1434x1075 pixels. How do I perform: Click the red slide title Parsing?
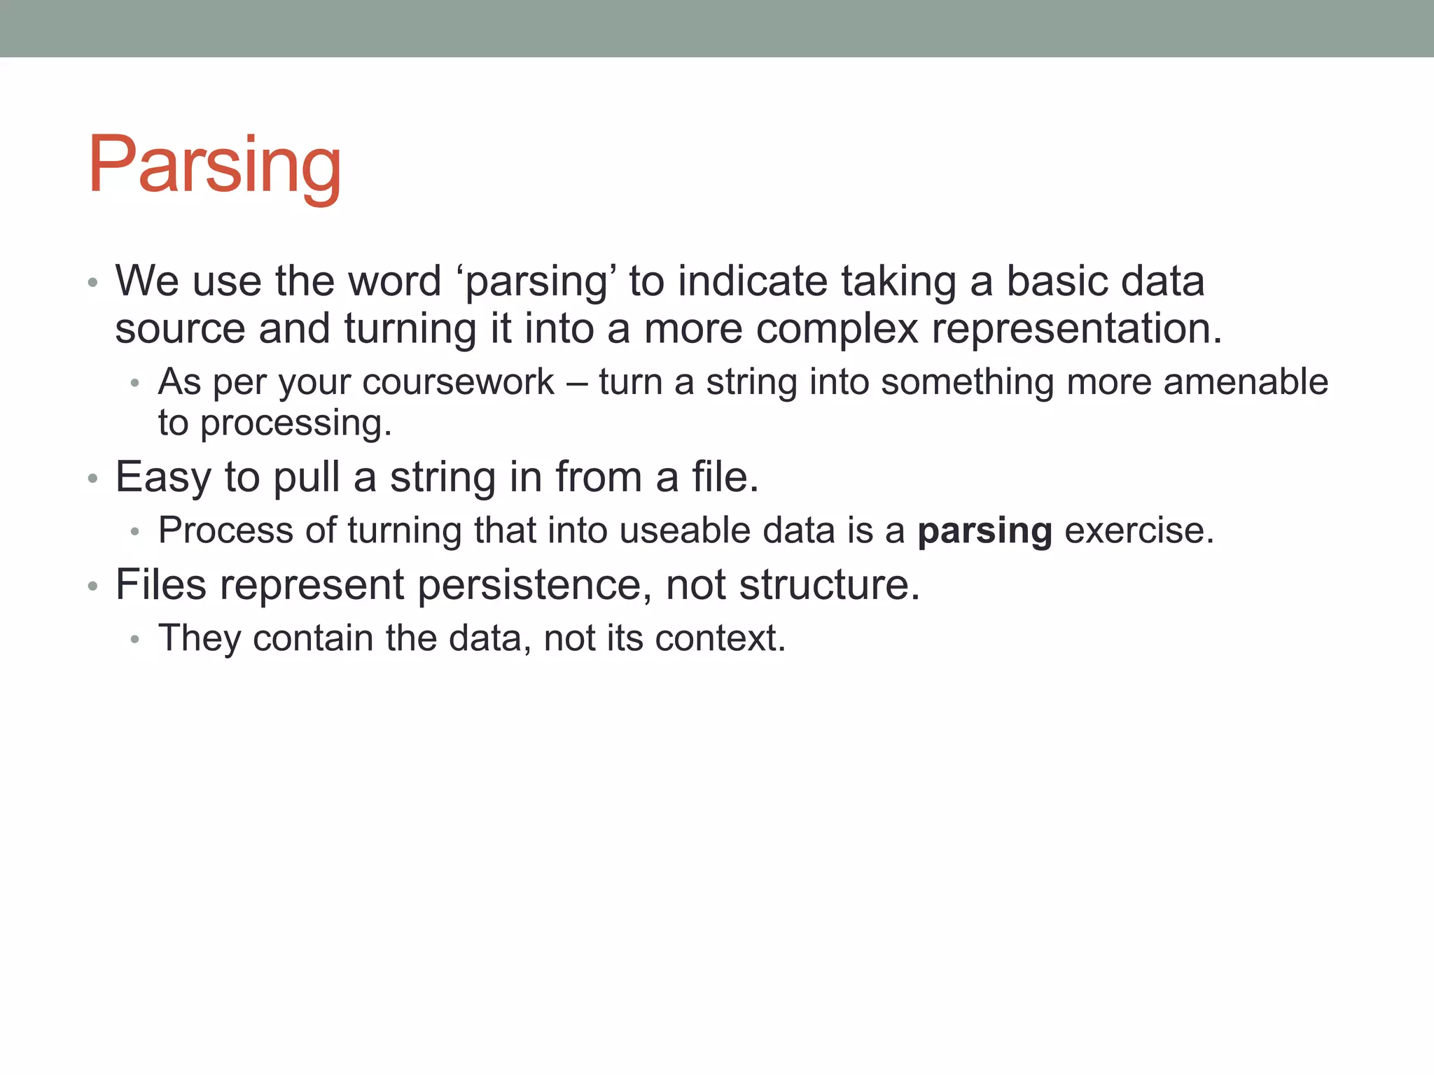tap(214, 165)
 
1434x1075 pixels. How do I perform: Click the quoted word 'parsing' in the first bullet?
tap(538, 281)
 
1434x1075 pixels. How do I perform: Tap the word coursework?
tap(458, 383)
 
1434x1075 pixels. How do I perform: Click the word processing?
tap(295, 423)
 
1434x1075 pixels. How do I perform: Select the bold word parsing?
tap(984, 531)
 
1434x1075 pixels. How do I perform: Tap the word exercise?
tap(1139, 531)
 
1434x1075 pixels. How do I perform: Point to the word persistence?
tap(529, 585)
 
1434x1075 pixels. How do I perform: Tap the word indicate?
tap(753, 281)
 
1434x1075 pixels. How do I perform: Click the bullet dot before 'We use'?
tap(92, 283)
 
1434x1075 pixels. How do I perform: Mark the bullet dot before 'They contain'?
tap(135, 639)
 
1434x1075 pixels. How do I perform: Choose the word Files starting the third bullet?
tap(161, 585)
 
